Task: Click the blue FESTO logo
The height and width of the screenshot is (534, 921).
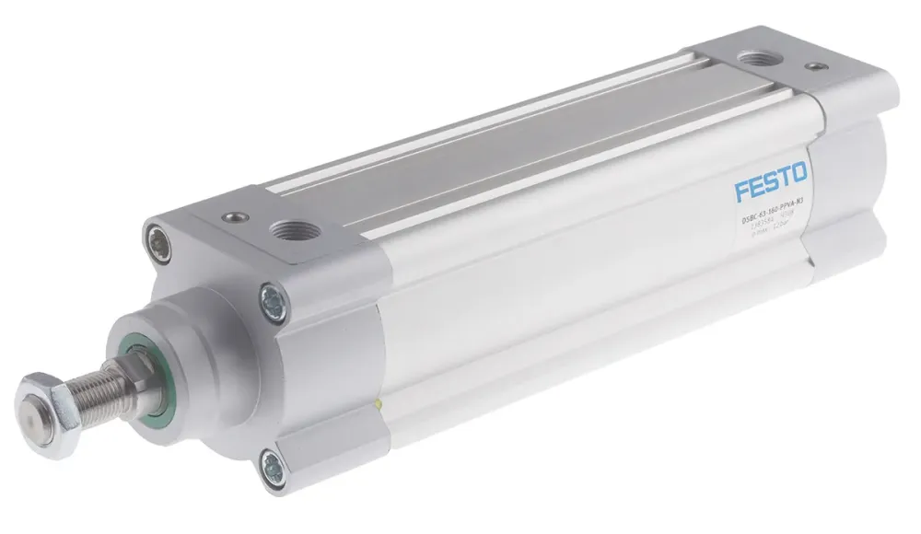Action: coord(771,179)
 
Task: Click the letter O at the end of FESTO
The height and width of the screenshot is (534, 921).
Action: coord(798,171)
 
